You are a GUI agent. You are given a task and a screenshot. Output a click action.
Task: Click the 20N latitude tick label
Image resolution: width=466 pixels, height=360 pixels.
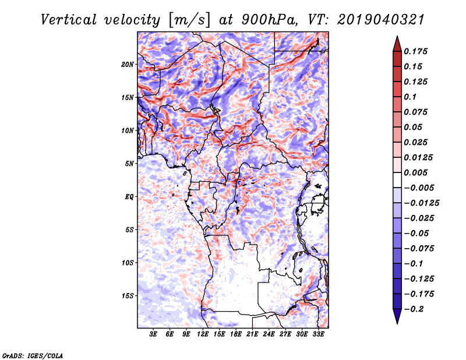point(128,64)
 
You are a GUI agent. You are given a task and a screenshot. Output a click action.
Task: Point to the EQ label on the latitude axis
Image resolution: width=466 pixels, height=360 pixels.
point(129,197)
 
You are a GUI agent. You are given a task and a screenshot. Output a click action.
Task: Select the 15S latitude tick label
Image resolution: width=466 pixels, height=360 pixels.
point(128,296)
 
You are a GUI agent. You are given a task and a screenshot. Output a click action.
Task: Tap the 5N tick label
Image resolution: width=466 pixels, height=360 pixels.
point(129,164)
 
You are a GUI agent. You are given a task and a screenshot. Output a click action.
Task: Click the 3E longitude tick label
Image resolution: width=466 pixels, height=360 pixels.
point(154,334)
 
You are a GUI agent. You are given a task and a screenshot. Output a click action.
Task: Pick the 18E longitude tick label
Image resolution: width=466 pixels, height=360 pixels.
point(236,334)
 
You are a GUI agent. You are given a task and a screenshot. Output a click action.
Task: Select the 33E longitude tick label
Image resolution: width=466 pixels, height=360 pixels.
point(318,334)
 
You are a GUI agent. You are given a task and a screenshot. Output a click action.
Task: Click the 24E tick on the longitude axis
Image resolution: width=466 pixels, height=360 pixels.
point(269,334)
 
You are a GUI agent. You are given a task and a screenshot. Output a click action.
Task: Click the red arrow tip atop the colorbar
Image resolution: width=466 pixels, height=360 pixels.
point(396,41)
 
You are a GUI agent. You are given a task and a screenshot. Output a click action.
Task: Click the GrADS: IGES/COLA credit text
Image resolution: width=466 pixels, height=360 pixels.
point(32,355)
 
